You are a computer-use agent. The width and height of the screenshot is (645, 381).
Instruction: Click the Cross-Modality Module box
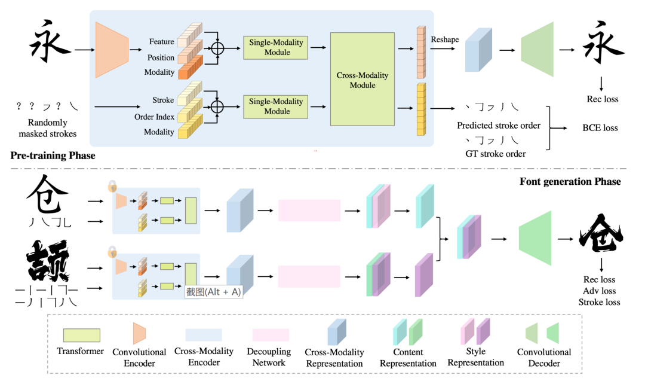pyautogui.click(x=363, y=79)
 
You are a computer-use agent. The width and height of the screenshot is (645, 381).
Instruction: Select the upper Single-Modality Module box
pyautogui.click(x=275, y=47)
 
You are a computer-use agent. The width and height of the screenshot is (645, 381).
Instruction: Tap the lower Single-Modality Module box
pyautogui.click(x=275, y=106)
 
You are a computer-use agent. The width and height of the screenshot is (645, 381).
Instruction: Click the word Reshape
pyautogui.click(x=445, y=39)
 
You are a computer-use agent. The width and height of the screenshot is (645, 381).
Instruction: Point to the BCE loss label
pyautogui.click(x=600, y=127)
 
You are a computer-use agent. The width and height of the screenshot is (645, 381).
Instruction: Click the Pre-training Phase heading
pyautogui.click(x=53, y=156)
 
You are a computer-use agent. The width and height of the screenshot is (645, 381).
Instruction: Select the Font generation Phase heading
pyautogui.click(x=570, y=182)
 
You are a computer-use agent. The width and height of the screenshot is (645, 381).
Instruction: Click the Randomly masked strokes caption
pyautogui.click(x=47, y=128)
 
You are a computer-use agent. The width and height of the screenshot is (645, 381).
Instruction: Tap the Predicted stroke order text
pyautogui.click(x=499, y=126)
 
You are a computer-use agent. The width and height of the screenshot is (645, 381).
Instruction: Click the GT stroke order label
pyautogui.click(x=495, y=154)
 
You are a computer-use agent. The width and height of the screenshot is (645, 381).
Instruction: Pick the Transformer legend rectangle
pyautogui.click(x=81, y=336)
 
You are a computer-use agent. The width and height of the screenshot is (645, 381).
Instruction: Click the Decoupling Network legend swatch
pyautogui.click(x=271, y=335)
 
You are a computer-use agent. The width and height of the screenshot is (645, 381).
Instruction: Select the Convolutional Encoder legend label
pyautogui.click(x=139, y=358)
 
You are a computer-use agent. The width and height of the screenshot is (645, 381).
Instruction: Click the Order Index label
pyautogui.click(x=154, y=117)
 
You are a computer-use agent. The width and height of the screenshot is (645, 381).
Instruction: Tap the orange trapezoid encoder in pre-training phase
pyautogui.click(x=112, y=50)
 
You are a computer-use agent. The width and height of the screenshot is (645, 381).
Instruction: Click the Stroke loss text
pyautogui.click(x=599, y=302)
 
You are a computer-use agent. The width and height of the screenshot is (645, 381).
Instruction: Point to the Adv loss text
pyautogui.click(x=599, y=291)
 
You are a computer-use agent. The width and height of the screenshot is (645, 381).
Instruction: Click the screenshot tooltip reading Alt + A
pyautogui.click(x=213, y=292)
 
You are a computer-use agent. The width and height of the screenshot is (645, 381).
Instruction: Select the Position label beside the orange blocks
pyautogui.click(x=161, y=57)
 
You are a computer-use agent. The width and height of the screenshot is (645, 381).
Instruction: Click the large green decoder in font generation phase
pyautogui.click(x=535, y=238)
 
